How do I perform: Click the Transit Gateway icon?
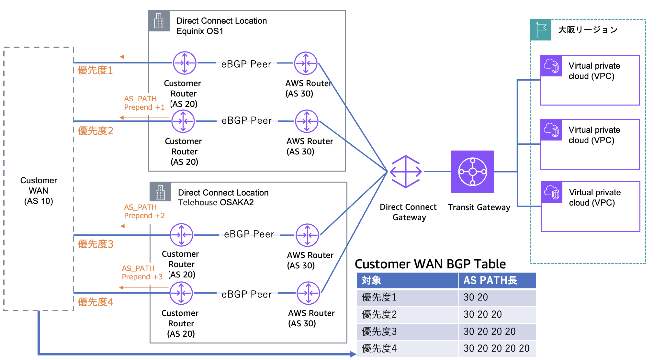click(x=472, y=172)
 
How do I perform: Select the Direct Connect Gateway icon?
click(x=406, y=172)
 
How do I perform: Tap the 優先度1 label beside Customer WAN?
click(x=95, y=70)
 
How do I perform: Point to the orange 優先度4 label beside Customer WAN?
click(x=96, y=302)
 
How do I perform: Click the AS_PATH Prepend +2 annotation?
click(x=144, y=211)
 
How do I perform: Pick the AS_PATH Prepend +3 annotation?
click(x=142, y=273)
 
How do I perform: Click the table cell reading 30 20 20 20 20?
click(x=496, y=348)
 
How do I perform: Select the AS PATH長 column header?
click(x=490, y=280)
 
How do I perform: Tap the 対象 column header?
click(x=371, y=280)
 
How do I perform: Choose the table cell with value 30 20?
click(x=476, y=297)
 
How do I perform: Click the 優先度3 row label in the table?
click(x=379, y=332)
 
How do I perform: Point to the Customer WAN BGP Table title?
click(x=430, y=264)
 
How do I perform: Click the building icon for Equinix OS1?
click(x=159, y=21)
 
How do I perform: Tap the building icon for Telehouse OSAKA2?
click(x=160, y=192)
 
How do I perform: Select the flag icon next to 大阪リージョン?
click(x=541, y=30)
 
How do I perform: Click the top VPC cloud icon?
click(x=551, y=65)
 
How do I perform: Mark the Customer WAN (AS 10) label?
click(x=39, y=191)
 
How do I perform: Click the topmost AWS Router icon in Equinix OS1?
click(x=306, y=63)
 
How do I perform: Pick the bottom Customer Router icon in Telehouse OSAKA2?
click(x=181, y=293)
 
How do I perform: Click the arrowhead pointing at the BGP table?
click(x=354, y=354)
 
